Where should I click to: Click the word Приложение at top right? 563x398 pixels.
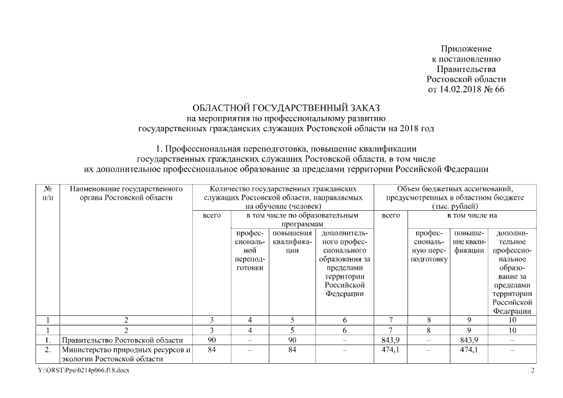[467, 49]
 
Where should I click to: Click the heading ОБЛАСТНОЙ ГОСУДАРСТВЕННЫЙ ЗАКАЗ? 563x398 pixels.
[286, 108]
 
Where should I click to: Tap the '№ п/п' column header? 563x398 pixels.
[49, 192]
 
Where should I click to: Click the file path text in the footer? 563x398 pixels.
[84, 371]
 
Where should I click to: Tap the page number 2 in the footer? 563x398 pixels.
[532, 371]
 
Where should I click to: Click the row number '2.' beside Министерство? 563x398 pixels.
[49, 349]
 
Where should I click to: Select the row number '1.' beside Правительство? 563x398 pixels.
[49, 340]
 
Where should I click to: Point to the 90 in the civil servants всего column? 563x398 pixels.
[212, 340]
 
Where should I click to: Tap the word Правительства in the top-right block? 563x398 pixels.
[467, 68]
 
